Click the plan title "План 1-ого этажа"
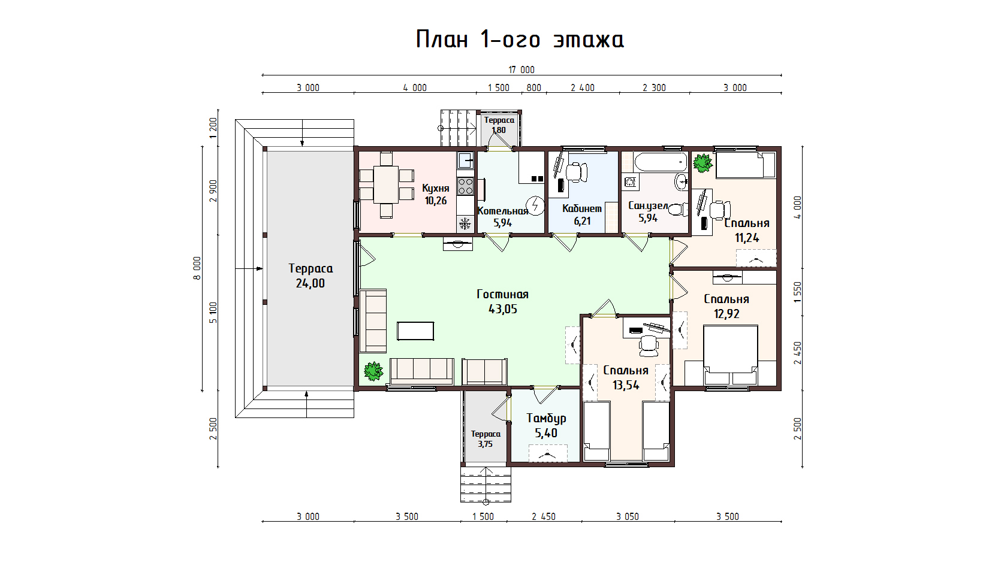click(520, 40)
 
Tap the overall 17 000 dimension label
click(521, 69)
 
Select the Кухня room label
click(436, 188)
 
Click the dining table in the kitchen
click(386, 184)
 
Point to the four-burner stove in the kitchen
click(465, 186)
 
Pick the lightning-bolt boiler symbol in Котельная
click(535, 206)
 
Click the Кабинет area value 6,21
click(582, 221)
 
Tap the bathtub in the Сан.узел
click(661, 162)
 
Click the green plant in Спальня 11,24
click(703, 163)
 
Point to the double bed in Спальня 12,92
click(731, 355)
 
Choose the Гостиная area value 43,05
click(502, 309)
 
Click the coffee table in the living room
click(415, 331)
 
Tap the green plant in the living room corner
click(373, 371)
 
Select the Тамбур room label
click(546, 418)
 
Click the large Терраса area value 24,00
click(310, 283)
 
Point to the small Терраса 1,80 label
click(499, 125)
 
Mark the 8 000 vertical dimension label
click(197, 268)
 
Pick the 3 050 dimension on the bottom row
click(628, 516)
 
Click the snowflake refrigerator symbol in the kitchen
click(465, 223)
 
